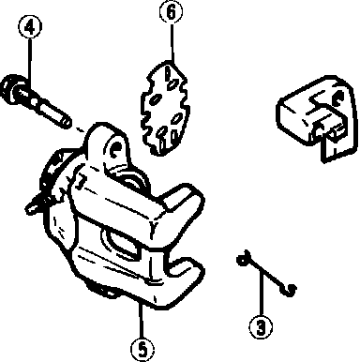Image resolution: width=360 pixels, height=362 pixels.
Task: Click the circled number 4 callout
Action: (x=30, y=27)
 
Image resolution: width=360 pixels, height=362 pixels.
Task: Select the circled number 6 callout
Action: (x=171, y=12)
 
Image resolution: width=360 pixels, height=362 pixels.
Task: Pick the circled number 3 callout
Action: (x=261, y=327)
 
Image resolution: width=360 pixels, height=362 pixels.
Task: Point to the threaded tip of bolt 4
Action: (x=65, y=121)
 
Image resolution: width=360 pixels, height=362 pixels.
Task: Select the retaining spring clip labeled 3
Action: (x=266, y=273)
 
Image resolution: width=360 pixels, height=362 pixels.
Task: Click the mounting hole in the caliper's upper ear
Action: (x=116, y=147)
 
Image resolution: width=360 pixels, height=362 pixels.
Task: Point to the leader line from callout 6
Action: (x=172, y=42)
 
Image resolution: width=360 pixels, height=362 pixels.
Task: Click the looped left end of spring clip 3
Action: (x=241, y=260)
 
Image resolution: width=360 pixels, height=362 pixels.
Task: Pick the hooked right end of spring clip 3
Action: (x=290, y=290)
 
